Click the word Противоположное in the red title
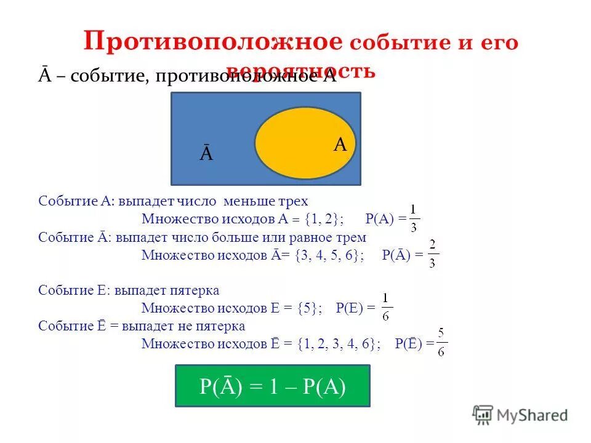(x=213, y=42)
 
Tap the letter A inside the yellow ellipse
(x=340, y=145)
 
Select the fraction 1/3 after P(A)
(x=414, y=220)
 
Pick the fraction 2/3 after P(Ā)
(x=433, y=255)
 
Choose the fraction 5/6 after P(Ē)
(x=441, y=343)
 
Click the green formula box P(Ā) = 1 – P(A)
(x=272, y=386)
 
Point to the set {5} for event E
(x=308, y=308)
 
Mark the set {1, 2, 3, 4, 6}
(x=338, y=343)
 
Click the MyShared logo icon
(x=483, y=415)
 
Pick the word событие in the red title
(x=391, y=43)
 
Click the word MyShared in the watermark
(x=532, y=415)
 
